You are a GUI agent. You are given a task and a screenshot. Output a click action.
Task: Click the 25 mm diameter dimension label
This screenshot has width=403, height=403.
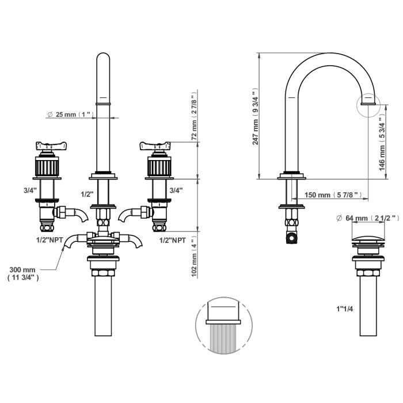[70, 115]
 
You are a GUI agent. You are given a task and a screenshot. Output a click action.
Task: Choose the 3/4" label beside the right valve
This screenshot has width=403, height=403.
[176, 190]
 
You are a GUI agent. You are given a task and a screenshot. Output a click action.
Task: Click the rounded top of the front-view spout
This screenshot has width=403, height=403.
[103, 59]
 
